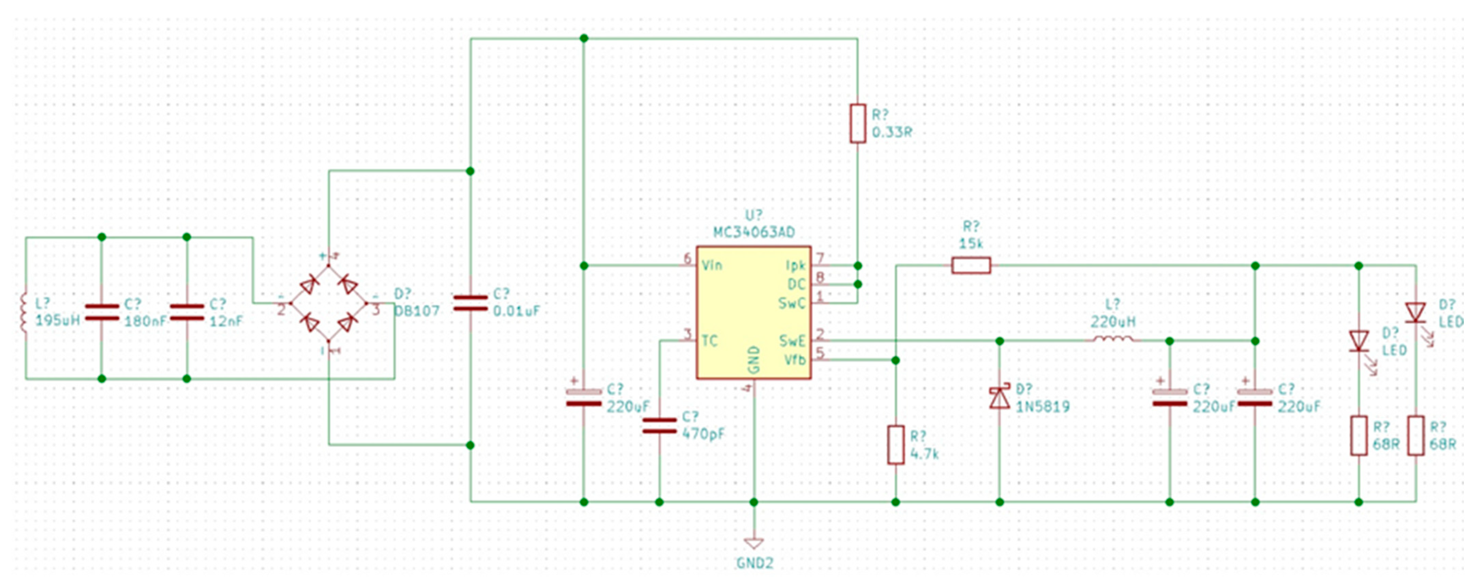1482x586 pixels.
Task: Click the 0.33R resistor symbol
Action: pyautogui.click(x=857, y=123)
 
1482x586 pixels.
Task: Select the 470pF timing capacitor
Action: pyautogui.click(x=659, y=426)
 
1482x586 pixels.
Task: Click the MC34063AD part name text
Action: pyautogui.click(x=754, y=232)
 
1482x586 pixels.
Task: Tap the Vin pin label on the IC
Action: pyautogui.click(x=712, y=266)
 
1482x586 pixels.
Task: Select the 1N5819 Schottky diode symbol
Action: pyautogui.click(x=999, y=398)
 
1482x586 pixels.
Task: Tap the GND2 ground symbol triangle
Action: pyautogui.click(x=754, y=543)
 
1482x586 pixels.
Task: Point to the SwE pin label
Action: pyautogui.click(x=792, y=341)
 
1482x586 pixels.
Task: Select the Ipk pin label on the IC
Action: pyautogui.click(x=795, y=266)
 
